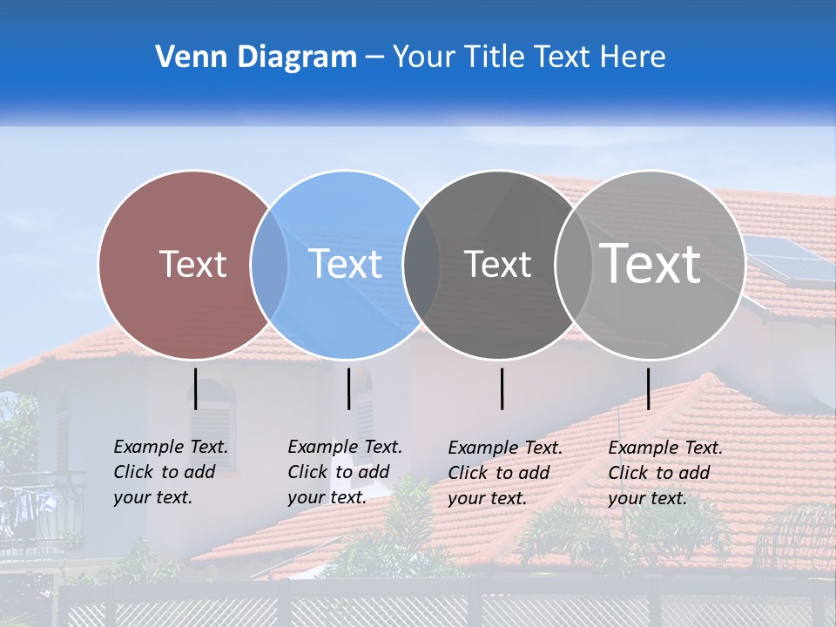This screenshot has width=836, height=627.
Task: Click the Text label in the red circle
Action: (x=192, y=264)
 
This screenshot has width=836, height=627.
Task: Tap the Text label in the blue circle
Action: (x=345, y=264)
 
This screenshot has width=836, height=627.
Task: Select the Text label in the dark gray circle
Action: (x=497, y=264)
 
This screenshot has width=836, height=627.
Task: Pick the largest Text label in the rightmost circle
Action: (x=650, y=263)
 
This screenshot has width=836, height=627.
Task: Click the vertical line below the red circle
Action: (x=195, y=388)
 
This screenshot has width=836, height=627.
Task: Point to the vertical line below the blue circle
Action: (x=348, y=388)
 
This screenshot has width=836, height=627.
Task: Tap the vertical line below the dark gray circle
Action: (x=502, y=388)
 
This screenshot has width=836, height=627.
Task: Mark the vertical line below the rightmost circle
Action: (x=648, y=388)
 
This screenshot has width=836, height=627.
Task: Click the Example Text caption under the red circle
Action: (x=171, y=472)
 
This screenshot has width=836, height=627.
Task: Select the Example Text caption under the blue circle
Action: (x=345, y=472)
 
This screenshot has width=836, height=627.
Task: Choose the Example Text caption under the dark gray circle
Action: (x=505, y=473)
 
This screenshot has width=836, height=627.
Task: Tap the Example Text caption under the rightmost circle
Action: (x=665, y=473)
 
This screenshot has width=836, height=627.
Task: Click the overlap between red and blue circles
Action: (x=269, y=265)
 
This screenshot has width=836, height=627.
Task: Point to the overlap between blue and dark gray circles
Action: (x=421, y=265)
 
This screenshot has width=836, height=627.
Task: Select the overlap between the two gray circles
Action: (x=573, y=265)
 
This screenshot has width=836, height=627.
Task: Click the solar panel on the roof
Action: (x=788, y=260)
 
